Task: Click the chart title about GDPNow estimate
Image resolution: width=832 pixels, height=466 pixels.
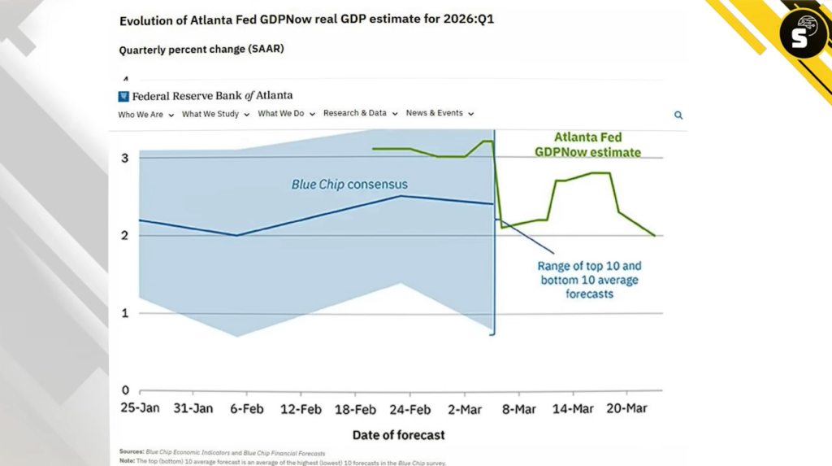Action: tap(306, 20)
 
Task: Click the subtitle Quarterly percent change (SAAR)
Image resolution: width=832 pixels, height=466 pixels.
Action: tap(201, 50)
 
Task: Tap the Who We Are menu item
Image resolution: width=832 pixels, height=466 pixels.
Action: tap(146, 115)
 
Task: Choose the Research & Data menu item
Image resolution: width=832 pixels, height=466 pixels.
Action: tap(359, 113)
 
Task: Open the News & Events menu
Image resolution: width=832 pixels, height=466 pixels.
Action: tap(440, 113)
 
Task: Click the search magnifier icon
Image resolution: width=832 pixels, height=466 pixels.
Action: tap(678, 115)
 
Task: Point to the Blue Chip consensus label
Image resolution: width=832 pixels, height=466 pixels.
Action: tap(349, 185)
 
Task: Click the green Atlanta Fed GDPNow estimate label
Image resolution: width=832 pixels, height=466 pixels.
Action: tap(597, 145)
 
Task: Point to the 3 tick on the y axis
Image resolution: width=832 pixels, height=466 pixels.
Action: tap(125, 158)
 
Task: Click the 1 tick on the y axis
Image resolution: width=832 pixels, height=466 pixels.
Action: tap(125, 313)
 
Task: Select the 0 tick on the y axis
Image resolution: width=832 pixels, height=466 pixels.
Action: tap(125, 390)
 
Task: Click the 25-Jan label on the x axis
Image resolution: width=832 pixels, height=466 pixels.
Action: tap(141, 408)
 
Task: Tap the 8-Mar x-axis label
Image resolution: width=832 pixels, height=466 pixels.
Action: tap(518, 408)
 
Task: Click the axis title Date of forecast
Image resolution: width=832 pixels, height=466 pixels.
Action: tap(398, 435)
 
